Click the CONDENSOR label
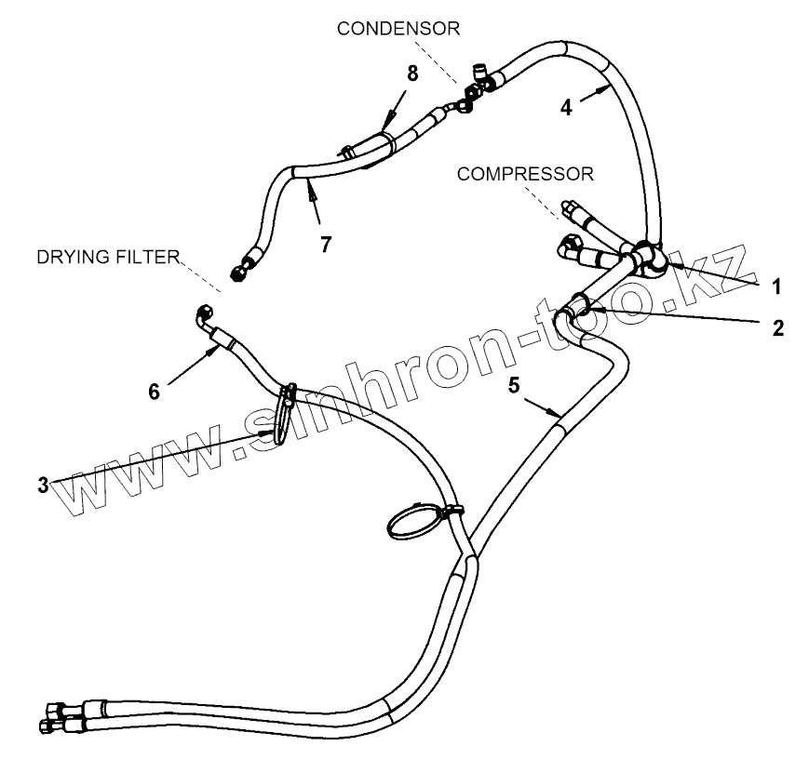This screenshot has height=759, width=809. pos(398,29)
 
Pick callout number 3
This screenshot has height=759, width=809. pos(43,484)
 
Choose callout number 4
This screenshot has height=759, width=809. pos(565,106)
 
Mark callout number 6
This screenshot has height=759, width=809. pos(155,392)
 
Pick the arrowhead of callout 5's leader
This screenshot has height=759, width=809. pos(559,414)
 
